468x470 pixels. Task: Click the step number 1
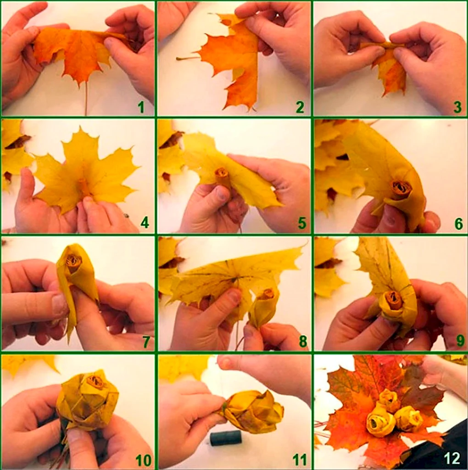click(x=141, y=107)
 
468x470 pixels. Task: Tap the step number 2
click(x=300, y=107)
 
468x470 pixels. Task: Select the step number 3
click(x=457, y=107)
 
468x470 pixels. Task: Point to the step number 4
click(x=145, y=223)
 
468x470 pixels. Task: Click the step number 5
click(x=302, y=223)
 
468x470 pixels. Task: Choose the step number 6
click(x=458, y=224)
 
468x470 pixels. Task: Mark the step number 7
click(x=146, y=341)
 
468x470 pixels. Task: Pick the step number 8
click(x=303, y=341)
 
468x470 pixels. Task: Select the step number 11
click(x=300, y=459)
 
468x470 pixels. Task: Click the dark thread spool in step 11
click(x=226, y=437)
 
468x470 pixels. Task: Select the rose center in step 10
click(x=95, y=382)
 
